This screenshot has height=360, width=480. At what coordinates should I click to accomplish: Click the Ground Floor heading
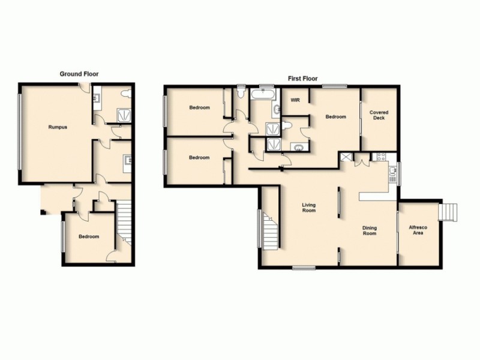click(x=79, y=74)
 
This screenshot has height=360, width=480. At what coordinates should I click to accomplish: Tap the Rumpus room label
click(x=58, y=127)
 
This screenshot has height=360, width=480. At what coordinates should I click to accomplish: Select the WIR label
click(x=295, y=100)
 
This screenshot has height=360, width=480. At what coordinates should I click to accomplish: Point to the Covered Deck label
click(x=379, y=115)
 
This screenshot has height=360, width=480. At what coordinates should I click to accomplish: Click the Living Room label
click(x=308, y=208)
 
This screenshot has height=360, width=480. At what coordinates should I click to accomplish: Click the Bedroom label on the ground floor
click(x=89, y=236)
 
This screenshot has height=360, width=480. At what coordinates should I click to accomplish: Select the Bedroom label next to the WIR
click(x=335, y=117)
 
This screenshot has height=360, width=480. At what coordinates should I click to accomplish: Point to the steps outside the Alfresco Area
click(x=448, y=212)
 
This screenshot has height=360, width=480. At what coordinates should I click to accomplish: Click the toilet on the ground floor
click(x=126, y=94)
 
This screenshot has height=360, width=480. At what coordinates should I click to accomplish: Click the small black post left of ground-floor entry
click(x=41, y=211)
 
